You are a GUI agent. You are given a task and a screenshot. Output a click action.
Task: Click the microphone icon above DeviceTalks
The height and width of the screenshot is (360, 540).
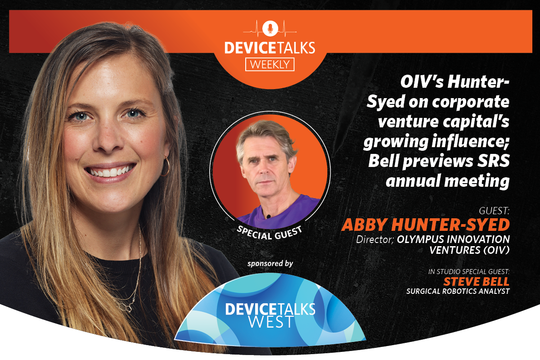[x=270, y=28]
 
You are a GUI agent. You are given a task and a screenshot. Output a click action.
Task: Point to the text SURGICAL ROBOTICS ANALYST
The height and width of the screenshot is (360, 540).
[x=458, y=292]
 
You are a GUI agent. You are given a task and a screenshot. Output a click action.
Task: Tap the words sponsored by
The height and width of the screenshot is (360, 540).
[x=270, y=263]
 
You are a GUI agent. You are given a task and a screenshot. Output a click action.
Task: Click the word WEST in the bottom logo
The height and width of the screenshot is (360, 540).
[x=270, y=322]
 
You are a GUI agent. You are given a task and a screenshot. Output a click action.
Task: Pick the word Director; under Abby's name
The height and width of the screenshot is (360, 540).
[x=375, y=239]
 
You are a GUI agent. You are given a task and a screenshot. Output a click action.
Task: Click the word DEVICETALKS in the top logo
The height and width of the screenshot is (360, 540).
[x=270, y=48]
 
